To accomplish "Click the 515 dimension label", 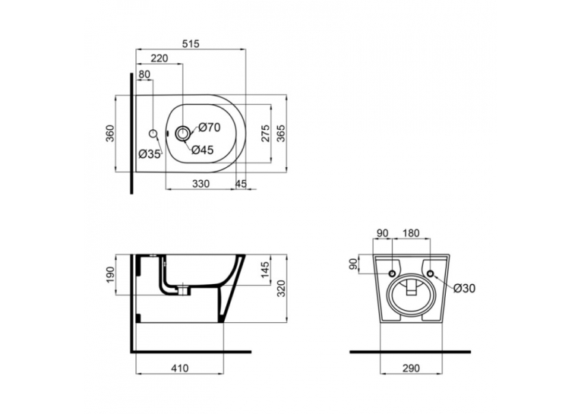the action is click(191, 44).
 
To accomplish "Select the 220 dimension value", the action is click(159, 58).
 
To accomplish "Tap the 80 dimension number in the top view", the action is click(144, 74).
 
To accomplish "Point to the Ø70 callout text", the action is click(210, 128).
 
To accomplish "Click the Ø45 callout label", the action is click(203, 150).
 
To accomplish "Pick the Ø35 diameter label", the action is click(150, 153).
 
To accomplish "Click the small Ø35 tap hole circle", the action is click(153, 133).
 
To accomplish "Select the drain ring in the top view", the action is click(183, 133).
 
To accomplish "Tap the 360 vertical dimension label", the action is click(111, 134).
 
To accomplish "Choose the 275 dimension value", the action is click(265, 134).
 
